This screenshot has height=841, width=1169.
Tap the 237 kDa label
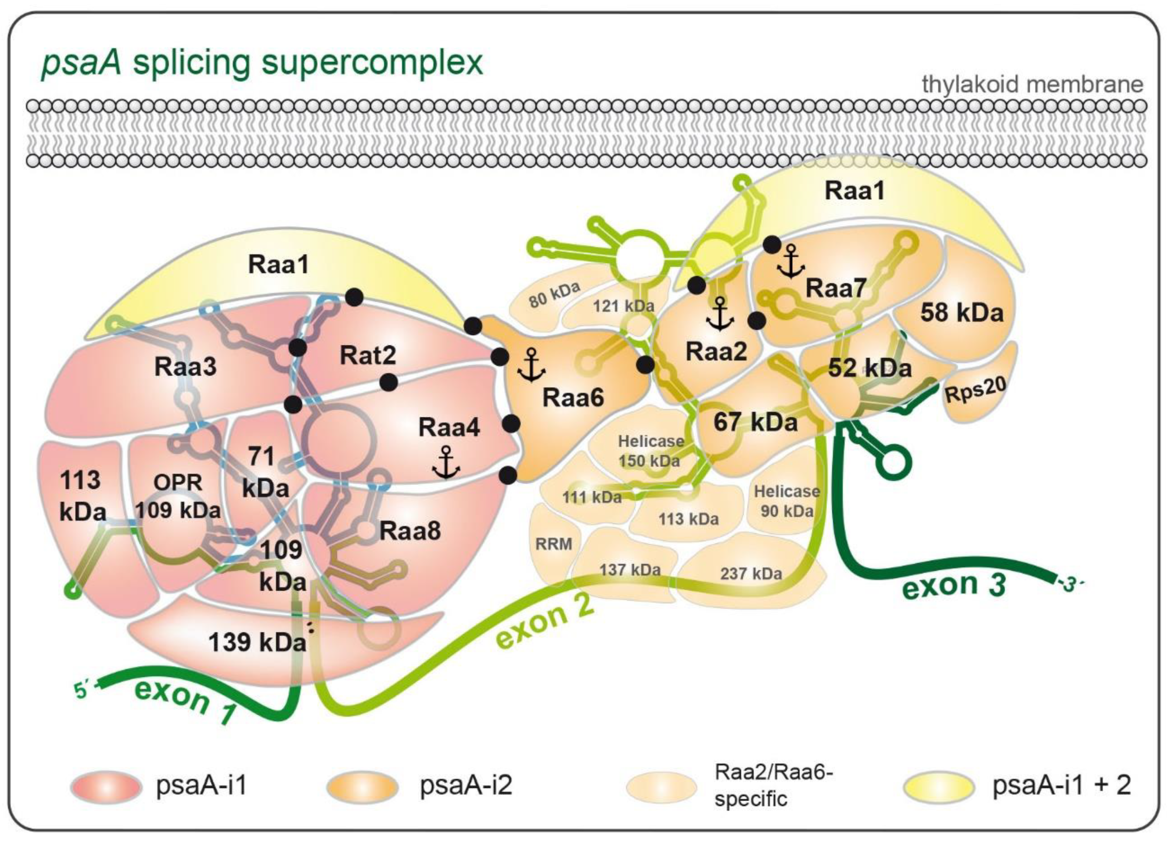coord(751,573)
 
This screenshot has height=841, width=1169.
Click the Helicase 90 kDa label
coord(786,501)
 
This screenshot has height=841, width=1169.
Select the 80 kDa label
coord(554,294)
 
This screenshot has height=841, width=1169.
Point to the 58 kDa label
coord(962,313)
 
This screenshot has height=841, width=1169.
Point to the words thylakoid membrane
coord(1033,84)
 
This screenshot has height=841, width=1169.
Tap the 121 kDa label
coord(623,306)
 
